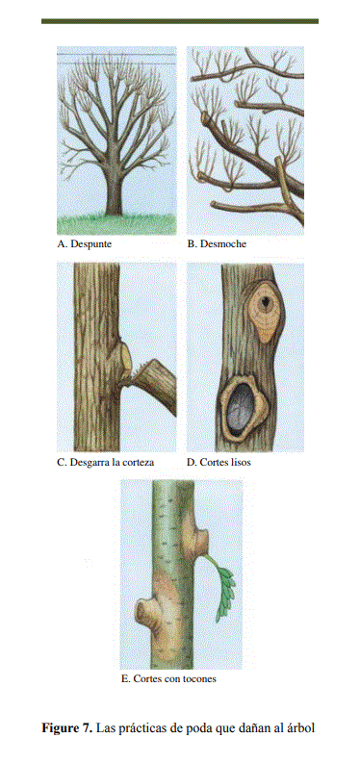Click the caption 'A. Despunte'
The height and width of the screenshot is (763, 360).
(x=84, y=244)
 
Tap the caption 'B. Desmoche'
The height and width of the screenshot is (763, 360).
(x=217, y=244)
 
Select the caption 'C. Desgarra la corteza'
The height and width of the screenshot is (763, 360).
(x=106, y=462)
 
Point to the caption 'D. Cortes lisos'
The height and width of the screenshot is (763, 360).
(x=219, y=462)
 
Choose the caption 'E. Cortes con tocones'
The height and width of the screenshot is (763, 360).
(x=168, y=679)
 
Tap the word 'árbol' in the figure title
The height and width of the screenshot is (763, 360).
(x=301, y=728)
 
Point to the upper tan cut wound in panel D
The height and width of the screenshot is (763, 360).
(x=264, y=312)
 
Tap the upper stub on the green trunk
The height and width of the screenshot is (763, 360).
(x=197, y=539)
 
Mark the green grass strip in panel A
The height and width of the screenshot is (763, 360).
(x=116, y=225)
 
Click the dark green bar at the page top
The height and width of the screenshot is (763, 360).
(x=180, y=21)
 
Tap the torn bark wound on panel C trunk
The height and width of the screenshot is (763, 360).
(x=123, y=358)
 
